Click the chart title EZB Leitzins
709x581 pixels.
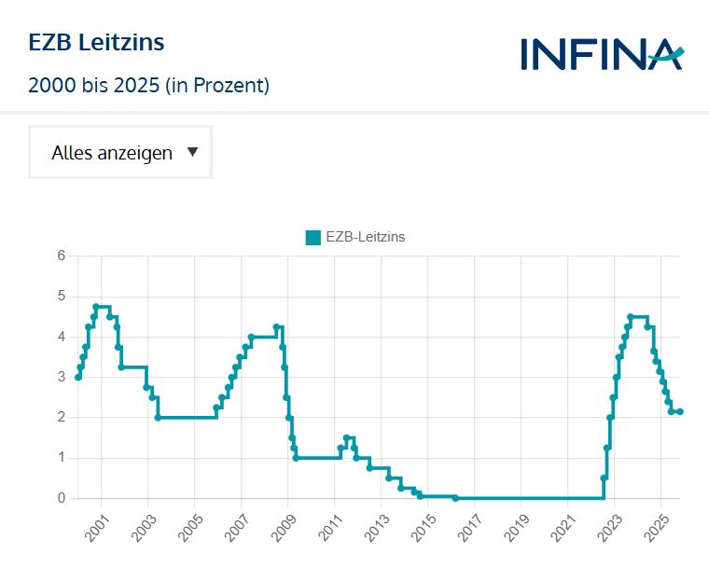point(96,42)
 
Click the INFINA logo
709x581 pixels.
point(603,54)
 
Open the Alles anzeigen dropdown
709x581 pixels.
point(120,152)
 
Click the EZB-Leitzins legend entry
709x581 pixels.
point(355,237)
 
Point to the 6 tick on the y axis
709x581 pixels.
point(62,256)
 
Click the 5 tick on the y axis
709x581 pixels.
point(62,297)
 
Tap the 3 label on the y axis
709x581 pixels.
point(62,377)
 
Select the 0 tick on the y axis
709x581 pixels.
point(62,498)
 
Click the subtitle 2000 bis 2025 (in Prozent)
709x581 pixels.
point(149,86)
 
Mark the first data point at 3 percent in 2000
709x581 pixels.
point(78,377)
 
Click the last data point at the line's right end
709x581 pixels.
point(680,411)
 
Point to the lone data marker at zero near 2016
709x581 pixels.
point(455,498)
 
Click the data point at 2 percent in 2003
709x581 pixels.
point(158,417)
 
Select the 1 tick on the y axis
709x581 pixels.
point(62,458)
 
